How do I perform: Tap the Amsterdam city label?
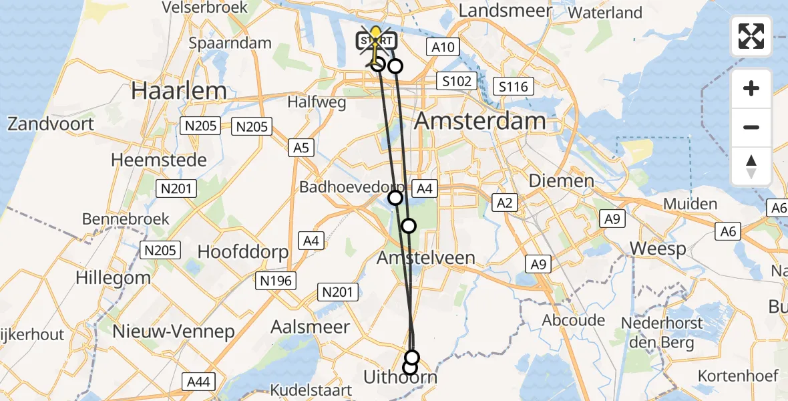point(479,121)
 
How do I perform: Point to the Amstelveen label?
point(426,257)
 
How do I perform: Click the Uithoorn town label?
point(400,378)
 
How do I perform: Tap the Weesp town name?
point(658,249)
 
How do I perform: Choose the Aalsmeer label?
point(310,327)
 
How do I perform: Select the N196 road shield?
point(276,281)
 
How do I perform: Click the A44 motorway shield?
point(198,382)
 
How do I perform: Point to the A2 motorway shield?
point(504,203)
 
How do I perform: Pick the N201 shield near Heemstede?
point(177,189)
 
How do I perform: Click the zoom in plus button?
point(751,88)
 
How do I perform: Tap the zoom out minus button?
point(751,127)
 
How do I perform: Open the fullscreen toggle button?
point(751,36)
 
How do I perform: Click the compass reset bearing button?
point(751,166)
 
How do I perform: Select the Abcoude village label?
point(574,320)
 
